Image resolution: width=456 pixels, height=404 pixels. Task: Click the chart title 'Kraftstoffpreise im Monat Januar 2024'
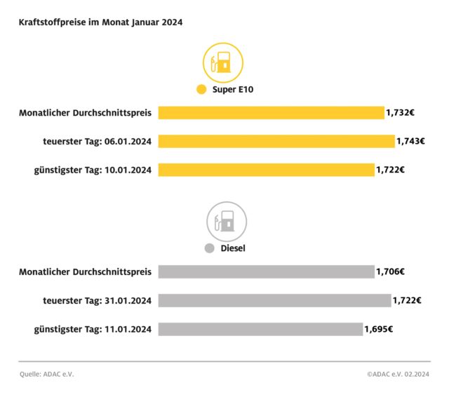click(101, 22)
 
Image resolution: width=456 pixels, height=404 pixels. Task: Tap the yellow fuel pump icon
click(223, 62)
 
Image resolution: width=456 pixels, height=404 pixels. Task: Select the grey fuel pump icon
click(226, 222)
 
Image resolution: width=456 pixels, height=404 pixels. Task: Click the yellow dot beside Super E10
click(201, 90)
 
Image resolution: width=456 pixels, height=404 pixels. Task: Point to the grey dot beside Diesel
click(209, 248)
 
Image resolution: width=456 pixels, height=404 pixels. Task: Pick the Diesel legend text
click(233, 248)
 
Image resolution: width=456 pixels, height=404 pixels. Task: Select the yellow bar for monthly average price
click(271, 113)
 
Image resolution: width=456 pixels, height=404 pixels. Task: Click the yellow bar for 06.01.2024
click(276, 141)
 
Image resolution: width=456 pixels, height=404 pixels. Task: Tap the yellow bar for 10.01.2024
click(266, 170)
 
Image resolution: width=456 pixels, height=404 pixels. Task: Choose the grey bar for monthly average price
click(266, 271)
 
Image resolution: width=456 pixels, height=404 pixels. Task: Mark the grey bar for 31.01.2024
click(274, 300)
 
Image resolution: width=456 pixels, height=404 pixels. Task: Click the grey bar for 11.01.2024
click(260, 329)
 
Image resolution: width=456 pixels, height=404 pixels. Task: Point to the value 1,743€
click(410, 141)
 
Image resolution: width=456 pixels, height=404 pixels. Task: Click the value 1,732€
click(401, 113)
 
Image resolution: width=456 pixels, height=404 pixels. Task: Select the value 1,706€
click(391, 271)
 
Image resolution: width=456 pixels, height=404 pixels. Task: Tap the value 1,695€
click(379, 329)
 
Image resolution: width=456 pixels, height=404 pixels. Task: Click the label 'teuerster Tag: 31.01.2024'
click(97, 300)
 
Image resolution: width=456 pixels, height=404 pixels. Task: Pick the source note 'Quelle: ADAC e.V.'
click(46, 374)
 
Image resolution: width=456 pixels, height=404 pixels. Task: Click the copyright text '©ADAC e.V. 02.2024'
click(398, 374)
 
